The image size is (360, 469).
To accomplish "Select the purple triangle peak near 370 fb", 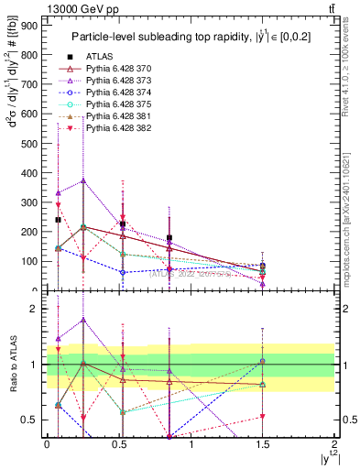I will (83, 181).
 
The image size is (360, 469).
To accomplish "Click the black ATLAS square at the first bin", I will (58, 220).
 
